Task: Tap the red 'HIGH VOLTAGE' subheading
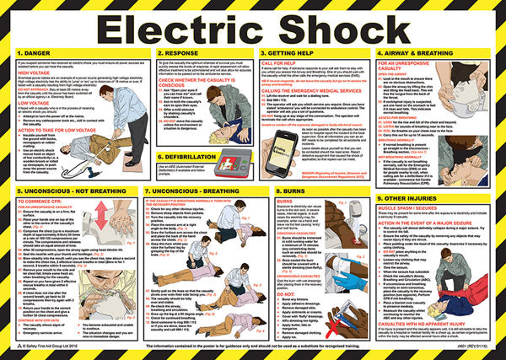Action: [34, 83]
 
